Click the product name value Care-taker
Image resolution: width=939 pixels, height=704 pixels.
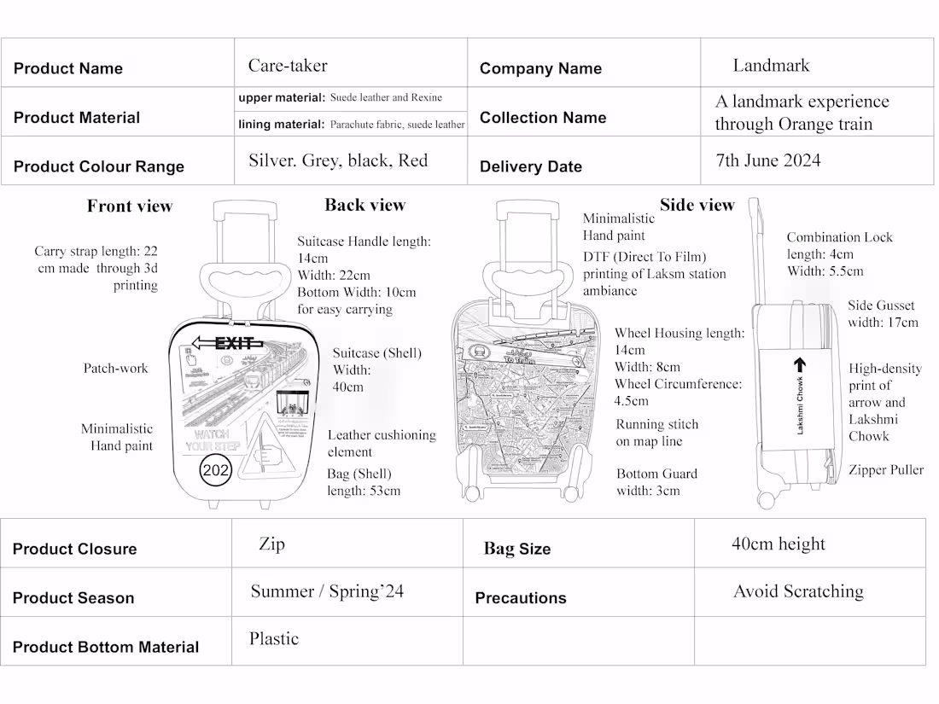(288, 66)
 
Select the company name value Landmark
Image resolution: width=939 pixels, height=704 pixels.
(771, 66)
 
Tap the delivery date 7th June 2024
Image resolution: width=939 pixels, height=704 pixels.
(767, 160)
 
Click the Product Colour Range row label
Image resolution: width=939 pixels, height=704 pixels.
(99, 166)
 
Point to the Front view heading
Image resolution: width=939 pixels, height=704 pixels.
(130, 207)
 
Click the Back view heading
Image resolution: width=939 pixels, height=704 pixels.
(365, 205)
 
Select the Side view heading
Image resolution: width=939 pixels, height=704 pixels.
(697, 205)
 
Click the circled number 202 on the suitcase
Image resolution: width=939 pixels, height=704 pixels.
(215, 470)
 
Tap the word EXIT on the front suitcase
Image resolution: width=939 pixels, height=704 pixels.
(233, 344)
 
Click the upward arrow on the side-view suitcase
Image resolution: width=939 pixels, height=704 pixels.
(800, 365)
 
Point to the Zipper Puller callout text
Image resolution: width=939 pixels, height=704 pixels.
(885, 470)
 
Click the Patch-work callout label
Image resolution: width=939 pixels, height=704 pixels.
(115, 369)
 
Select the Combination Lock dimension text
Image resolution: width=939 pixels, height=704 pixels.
(838, 254)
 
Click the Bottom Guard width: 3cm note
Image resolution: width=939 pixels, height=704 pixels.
(656, 482)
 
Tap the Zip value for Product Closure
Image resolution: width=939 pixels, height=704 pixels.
(271, 544)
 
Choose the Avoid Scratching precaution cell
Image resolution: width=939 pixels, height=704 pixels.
(798, 591)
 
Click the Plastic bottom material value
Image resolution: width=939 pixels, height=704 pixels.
(274, 639)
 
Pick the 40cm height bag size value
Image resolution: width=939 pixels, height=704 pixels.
(778, 544)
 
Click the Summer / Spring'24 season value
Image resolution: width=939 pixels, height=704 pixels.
(327, 591)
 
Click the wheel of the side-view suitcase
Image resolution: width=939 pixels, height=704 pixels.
(766, 499)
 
